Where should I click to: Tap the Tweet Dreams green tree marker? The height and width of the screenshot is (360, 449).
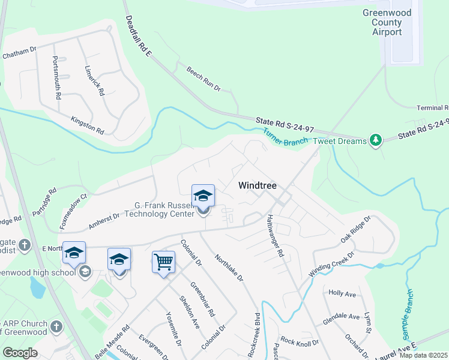376,140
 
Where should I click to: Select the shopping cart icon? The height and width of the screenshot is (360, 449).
163,262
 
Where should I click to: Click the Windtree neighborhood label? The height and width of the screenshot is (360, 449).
258,186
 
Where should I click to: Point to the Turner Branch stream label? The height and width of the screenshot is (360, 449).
285,138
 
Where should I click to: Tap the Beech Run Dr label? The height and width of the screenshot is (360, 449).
204,79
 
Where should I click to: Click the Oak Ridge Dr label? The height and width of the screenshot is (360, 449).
356,230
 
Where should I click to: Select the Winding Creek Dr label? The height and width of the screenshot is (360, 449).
332,263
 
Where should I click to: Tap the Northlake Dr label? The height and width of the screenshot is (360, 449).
229,266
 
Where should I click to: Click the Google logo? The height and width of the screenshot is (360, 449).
20,353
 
